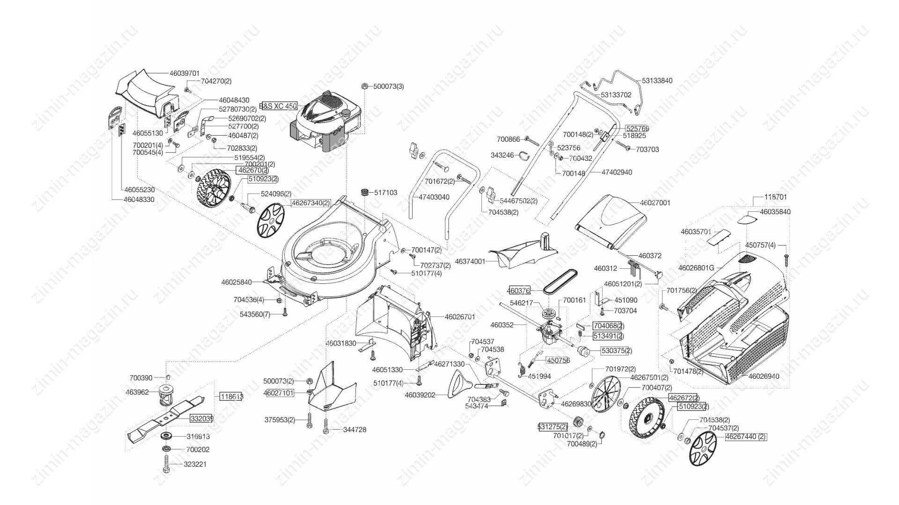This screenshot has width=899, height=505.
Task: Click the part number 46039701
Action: click(184, 73)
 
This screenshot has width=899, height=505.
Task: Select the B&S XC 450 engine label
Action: click(279, 106)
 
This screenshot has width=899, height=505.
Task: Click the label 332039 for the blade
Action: click(202, 418)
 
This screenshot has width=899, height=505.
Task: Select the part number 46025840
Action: click(236, 282)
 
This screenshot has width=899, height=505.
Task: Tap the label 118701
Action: click(775, 197)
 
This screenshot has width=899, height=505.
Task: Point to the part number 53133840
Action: click(657, 80)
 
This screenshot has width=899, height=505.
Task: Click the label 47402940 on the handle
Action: click(617, 172)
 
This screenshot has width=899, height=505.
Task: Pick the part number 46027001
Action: click(655, 203)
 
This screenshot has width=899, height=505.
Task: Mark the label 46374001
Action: click(470, 261)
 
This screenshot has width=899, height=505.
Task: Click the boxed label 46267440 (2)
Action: click(745, 437)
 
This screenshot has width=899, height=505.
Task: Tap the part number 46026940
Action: click(764, 376)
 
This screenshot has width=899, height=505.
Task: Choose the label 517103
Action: click(385, 193)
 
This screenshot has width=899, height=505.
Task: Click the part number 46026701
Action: click(460, 317)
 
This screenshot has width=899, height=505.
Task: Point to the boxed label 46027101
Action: click(279, 393)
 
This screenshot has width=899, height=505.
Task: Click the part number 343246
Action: click(502, 155)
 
